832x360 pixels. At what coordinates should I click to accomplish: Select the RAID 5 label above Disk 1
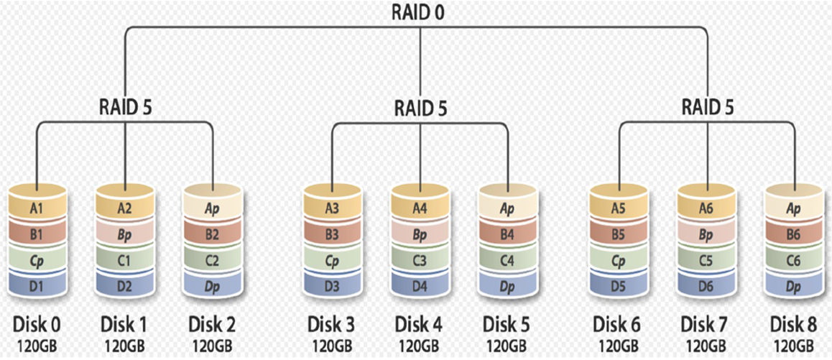coord(125,108)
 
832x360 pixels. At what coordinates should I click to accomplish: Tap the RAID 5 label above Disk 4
coord(420,109)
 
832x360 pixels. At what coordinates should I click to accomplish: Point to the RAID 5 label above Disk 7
coord(708,108)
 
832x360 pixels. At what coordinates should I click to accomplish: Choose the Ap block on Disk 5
coord(508,208)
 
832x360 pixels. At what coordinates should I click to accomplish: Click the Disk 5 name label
coord(508,322)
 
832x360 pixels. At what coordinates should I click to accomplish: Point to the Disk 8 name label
coord(794,322)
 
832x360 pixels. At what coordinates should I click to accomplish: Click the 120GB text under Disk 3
coord(332,344)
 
